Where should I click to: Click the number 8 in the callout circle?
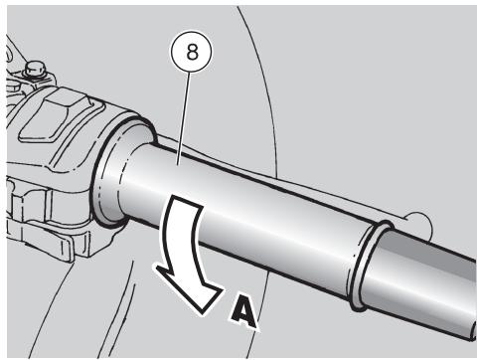point(192,52)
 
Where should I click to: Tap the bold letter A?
point(243,311)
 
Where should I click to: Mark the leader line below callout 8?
point(184,118)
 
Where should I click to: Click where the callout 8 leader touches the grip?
point(178,164)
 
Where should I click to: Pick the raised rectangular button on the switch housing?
point(55,116)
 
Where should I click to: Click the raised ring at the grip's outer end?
point(371,266)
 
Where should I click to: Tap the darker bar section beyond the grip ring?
point(427,281)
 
